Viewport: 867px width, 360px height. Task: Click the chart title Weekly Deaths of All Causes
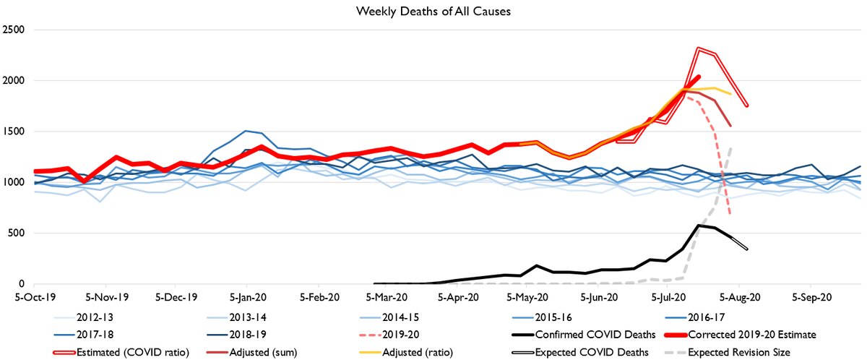[x=433, y=12]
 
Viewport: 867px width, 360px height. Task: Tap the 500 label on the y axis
[x=19, y=233]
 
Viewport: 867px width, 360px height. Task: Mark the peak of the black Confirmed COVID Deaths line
[x=698, y=225]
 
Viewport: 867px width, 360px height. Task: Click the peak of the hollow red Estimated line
[x=698, y=49]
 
